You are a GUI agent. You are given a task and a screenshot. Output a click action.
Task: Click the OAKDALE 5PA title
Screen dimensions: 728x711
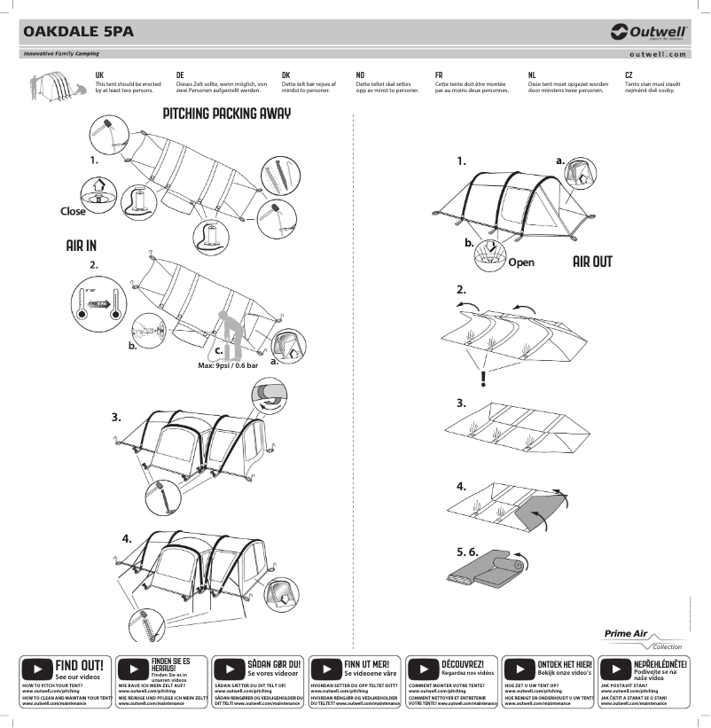coord(78,32)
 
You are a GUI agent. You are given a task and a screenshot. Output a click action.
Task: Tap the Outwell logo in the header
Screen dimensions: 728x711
coord(649,32)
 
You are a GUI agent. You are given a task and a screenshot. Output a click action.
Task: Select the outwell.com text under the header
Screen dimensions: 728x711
coord(657,54)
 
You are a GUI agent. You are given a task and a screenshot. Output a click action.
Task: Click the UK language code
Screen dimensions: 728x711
coord(99,76)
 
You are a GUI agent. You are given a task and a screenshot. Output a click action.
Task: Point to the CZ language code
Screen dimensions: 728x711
coord(629,76)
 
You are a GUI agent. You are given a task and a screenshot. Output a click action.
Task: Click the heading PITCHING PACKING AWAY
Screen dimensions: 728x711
coord(227,114)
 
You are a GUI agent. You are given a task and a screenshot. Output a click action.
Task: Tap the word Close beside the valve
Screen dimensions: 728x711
coord(73,211)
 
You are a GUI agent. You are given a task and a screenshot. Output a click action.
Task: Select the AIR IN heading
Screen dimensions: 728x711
coord(81,245)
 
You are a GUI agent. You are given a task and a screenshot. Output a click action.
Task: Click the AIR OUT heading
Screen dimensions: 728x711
coord(592,262)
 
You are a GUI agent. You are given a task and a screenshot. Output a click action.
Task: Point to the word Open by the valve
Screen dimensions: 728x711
coord(521,262)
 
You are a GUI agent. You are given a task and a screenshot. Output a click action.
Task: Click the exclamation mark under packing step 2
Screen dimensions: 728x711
coord(482,380)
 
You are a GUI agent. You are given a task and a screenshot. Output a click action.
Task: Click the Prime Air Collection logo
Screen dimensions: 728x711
coord(644,639)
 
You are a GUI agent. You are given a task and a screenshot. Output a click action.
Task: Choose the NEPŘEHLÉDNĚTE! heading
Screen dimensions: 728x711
coord(660,663)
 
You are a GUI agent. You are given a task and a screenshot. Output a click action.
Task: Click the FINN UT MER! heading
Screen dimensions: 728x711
coord(366,663)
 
